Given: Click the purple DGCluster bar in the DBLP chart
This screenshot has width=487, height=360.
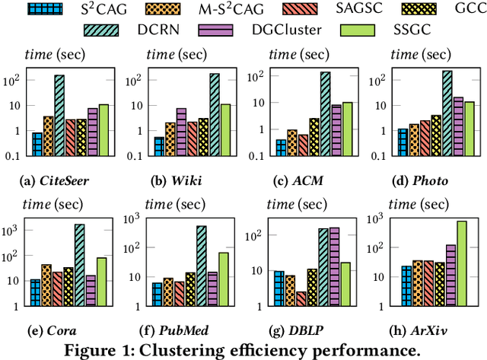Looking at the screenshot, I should click(334, 267).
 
